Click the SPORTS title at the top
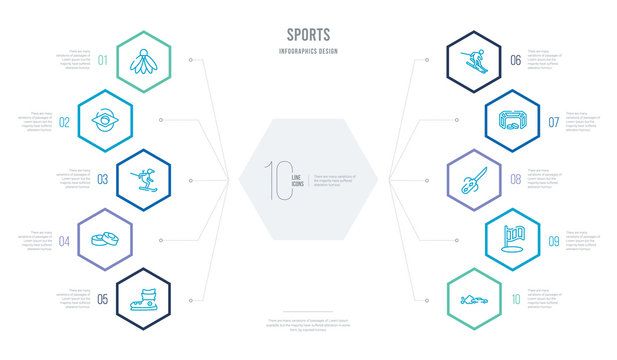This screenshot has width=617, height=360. pyautogui.click(x=308, y=33)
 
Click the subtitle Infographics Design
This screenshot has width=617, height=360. pyautogui.click(x=308, y=49)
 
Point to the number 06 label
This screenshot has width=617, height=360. pyautogui.click(x=515, y=60)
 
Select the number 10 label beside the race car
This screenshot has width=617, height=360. pyautogui.click(x=515, y=298)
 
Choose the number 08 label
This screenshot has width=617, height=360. pyautogui.click(x=515, y=180)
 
